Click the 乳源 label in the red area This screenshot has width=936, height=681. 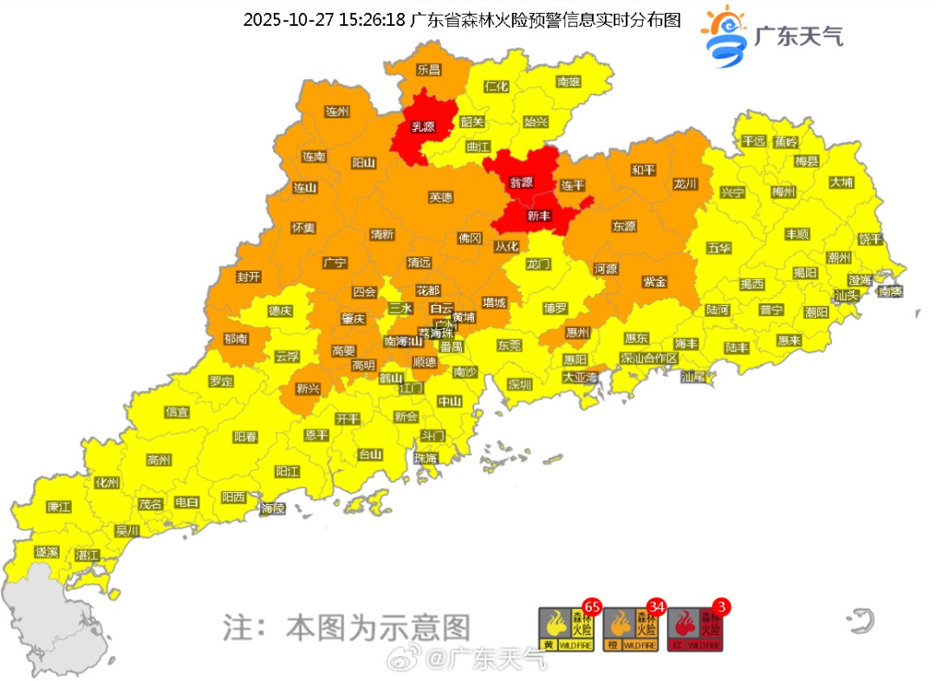(422, 127)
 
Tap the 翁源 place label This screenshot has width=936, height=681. (521, 183)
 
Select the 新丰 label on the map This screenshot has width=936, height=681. (539, 216)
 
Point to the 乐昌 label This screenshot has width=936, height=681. (428, 69)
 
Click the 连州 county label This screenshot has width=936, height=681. (336, 112)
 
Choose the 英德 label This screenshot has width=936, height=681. (440, 198)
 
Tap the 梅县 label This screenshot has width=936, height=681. (807, 161)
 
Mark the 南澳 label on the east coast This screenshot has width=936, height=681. (889, 292)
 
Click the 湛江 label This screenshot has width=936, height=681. (88, 554)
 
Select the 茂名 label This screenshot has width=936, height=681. (150, 503)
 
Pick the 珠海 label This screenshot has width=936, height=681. (426, 458)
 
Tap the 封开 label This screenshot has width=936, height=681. (249, 277)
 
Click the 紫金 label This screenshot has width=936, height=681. (655, 282)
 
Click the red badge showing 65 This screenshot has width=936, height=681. (593, 606)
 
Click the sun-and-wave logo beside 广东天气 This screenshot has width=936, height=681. (725, 36)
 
